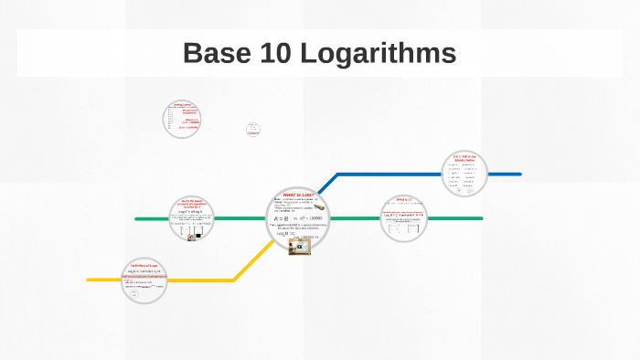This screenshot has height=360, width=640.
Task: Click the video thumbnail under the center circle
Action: (299, 246)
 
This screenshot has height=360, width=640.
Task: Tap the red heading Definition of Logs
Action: (144, 266)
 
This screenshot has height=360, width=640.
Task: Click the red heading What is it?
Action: (403, 199)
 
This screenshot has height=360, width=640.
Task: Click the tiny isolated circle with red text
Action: (253, 130)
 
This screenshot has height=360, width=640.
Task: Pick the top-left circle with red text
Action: (183, 119)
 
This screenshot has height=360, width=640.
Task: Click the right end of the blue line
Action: (519, 174)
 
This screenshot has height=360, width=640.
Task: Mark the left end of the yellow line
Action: (89, 280)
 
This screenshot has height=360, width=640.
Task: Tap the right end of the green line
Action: (481, 219)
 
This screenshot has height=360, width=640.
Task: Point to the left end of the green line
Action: (137, 219)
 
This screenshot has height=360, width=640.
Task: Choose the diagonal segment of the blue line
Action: (328, 182)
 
